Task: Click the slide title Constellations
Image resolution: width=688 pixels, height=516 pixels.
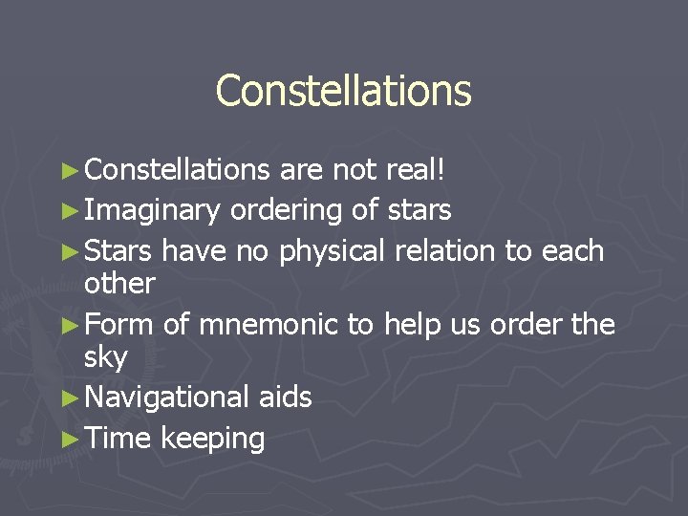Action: pyautogui.click(x=343, y=91)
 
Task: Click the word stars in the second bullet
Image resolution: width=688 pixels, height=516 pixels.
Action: pyautogui.click(x=419, y=208)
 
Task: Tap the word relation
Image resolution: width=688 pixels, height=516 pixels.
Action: pyautogui.click(x=441, y=250)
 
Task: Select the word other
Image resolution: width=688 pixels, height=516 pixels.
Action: pyautogui.click(x=119, y=283)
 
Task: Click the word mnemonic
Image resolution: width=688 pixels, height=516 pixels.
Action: pyautogui.click(x=268, y=325)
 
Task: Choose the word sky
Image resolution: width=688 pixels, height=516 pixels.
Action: pyautogui.click(x=105, y=358)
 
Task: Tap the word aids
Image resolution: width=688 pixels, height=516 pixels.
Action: pyautogui.click(x=285, y=397)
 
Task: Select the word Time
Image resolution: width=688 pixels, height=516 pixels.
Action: pyautogui.click(x=118, y=439)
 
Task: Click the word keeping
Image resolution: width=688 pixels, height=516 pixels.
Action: pyautogui.click(x=212, y=439)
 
